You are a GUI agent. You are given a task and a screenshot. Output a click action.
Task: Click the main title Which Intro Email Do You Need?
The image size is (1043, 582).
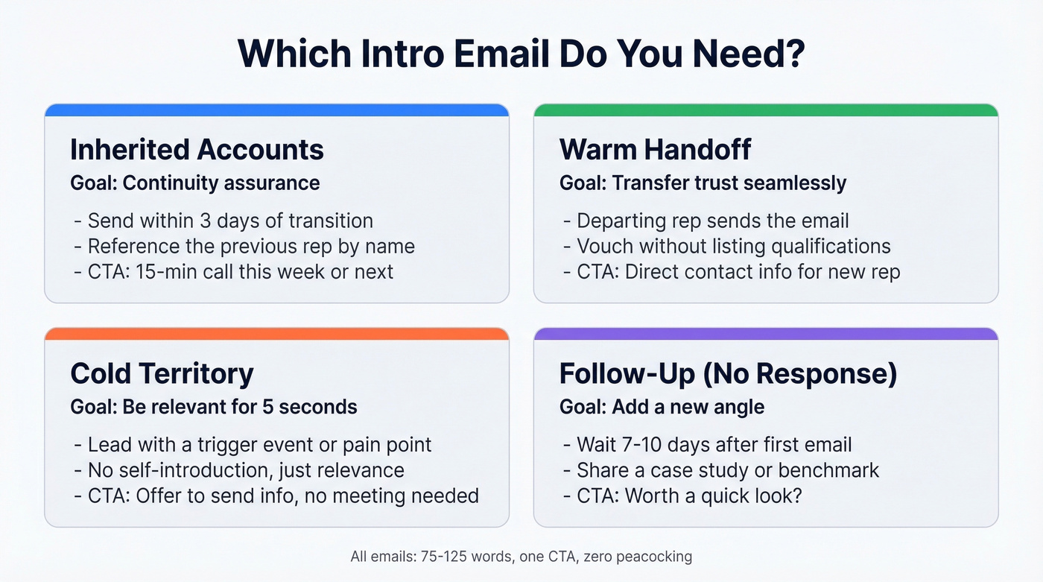coord(521,54)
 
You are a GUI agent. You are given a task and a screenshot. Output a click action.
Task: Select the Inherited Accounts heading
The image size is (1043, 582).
coord(197,150)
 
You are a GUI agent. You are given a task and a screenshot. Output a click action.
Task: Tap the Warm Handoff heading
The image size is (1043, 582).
coord(655,150)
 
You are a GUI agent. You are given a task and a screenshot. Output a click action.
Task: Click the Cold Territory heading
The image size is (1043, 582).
coord(162,373)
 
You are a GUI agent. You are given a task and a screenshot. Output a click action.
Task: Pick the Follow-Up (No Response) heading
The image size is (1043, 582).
coord(728,373)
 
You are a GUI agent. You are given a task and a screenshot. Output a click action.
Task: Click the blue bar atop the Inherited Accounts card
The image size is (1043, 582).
coord(276,110)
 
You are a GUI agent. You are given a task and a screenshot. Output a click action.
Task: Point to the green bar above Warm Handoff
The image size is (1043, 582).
coord(765,110)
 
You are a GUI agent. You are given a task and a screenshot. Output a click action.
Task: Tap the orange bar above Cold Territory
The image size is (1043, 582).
coord(276,334)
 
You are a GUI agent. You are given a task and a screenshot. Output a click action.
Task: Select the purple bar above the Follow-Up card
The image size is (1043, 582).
coord(765,334)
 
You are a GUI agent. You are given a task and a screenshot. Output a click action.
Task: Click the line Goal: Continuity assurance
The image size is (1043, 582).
coord(194,183)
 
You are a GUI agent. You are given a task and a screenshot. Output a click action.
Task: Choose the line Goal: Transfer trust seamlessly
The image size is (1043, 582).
coord(703,183)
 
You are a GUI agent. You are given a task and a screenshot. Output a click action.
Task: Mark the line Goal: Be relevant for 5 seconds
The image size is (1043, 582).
coord(214,407)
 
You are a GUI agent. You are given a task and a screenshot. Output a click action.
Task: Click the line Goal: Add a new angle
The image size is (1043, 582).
coord(662,407)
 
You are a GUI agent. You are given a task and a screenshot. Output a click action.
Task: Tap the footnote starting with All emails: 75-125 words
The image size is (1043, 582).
coord(521,557)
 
